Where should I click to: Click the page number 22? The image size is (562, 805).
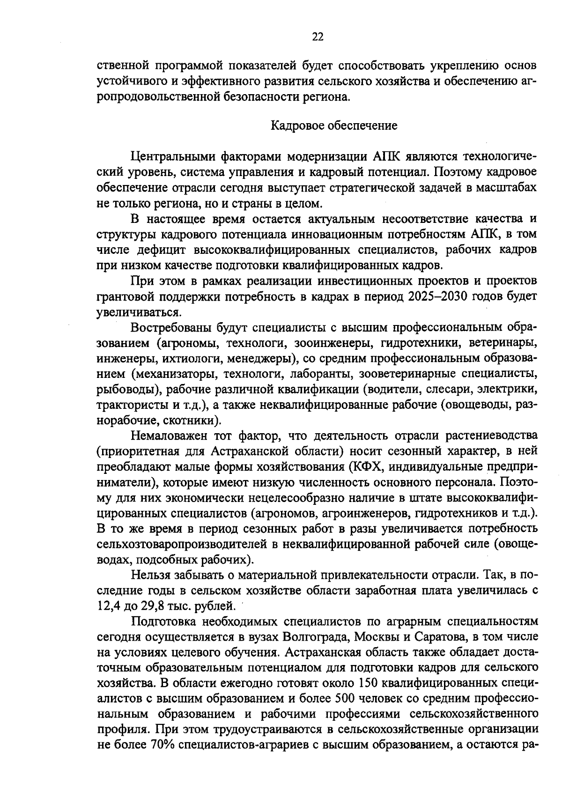pyautogui.click(x=318, y=37)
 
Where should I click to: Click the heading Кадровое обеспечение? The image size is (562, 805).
pyautogui.click(x=334, y=126)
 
